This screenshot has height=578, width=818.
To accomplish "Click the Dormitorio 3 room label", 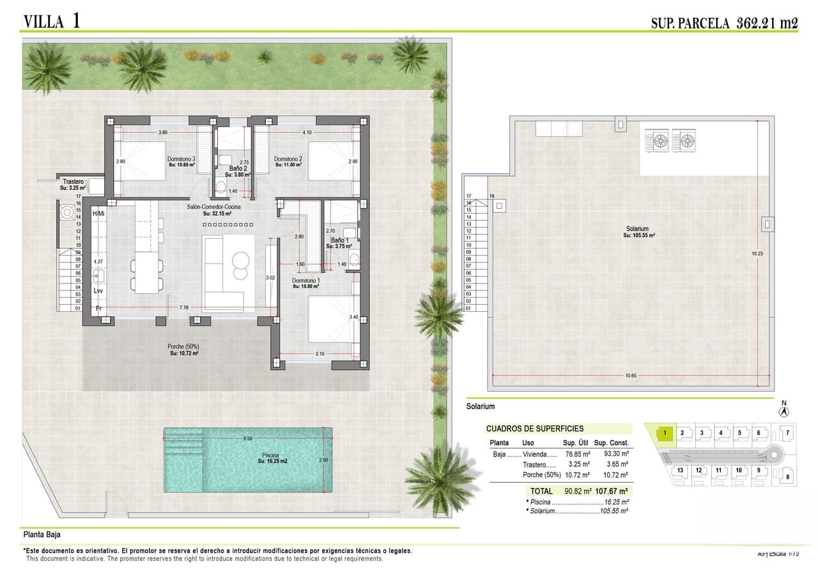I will [x=181, y=159].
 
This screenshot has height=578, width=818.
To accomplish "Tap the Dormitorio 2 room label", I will [x=288, y=159].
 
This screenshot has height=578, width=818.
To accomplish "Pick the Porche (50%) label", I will [x=183, y=347].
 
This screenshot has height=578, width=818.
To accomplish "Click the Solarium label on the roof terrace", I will [x=637, y=229].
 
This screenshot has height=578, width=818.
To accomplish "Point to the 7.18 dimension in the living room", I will [x=184, y=308].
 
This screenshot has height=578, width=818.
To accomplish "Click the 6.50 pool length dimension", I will [x=247, y=439].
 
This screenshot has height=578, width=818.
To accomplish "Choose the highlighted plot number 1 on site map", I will [x=665, y=433].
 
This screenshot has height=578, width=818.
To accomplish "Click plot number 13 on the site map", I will [x=680, y=471].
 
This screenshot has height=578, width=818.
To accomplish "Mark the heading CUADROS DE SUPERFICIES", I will [x=534, y=429].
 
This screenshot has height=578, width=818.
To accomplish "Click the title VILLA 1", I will [x=52, y=21].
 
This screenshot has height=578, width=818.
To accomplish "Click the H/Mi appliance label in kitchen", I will [x=98, y=213].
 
